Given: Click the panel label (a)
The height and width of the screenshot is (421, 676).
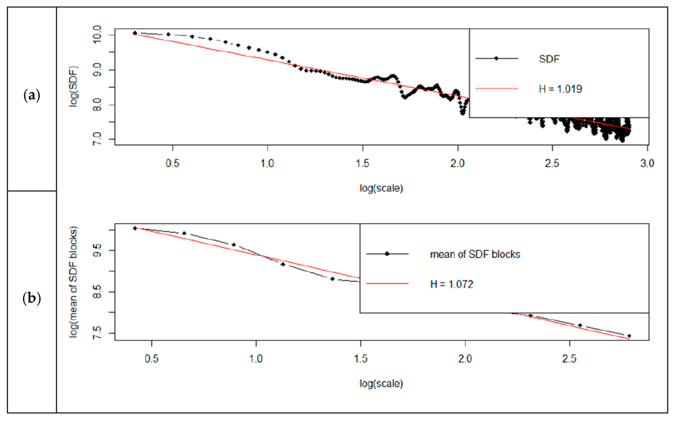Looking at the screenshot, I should [x=32, y=95].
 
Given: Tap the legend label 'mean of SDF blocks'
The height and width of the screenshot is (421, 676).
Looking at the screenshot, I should [x=474, y=254].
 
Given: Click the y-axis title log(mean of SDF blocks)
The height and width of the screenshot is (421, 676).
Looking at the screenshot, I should [x=74, y=281].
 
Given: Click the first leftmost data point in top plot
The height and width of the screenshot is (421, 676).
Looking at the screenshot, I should [x=135, y=33].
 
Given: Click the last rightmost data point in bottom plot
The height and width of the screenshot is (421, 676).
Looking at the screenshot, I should [x=629, y=336].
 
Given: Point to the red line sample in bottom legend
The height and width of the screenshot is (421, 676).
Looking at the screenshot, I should [x=387, y=284].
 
